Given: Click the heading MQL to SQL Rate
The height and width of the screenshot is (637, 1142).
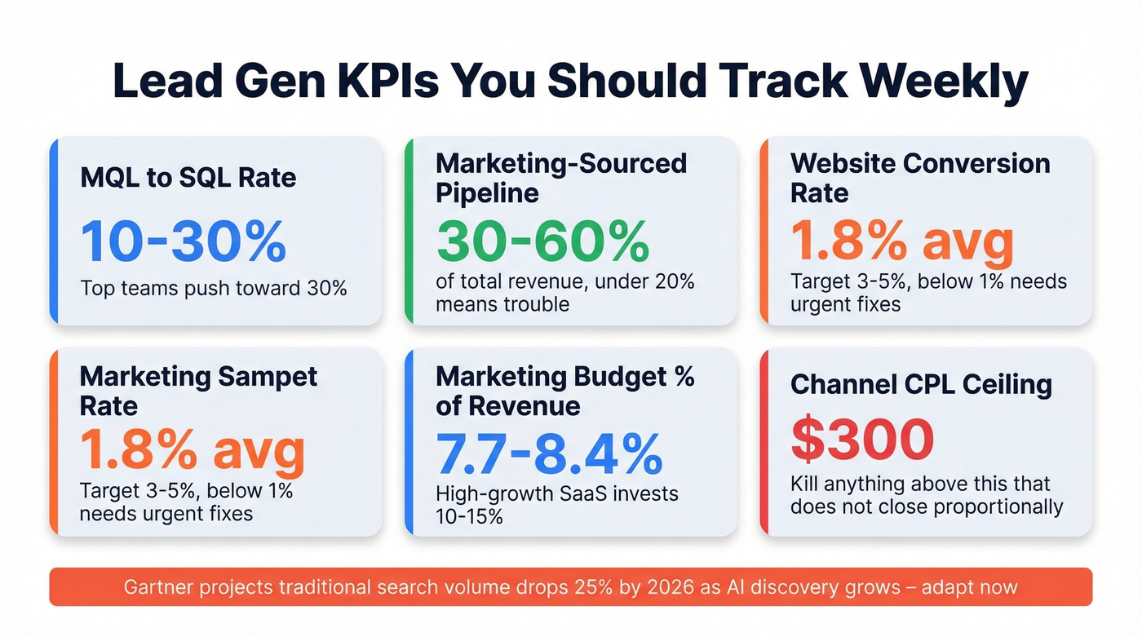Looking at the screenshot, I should coord(188,177).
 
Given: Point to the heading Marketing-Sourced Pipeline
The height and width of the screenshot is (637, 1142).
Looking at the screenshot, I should coord(561,178).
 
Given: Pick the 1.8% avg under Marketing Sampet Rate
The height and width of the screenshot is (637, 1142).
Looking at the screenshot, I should coord(192,451).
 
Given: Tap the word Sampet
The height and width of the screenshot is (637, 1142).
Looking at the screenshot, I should coord(268,377).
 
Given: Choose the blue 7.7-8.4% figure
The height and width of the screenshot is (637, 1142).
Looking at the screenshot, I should coord(548,453).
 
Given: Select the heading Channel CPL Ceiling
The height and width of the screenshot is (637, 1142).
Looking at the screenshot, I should coord(921,384).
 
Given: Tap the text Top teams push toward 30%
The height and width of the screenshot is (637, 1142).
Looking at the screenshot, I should coord(214,288).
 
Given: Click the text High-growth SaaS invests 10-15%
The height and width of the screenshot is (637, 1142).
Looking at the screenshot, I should coord(556,505).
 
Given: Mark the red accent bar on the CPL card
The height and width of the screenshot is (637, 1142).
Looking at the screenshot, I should coord(763,441).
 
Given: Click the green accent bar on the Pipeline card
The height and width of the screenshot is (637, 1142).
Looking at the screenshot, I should coord(408,231).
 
